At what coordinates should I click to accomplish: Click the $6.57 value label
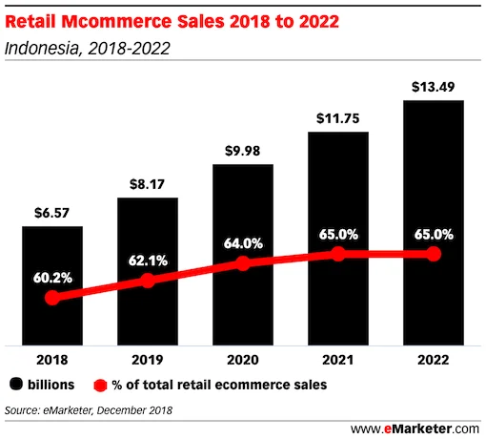[52, 213]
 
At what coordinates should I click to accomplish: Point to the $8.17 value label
[147, 184]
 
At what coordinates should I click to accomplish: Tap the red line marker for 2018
[52, 298]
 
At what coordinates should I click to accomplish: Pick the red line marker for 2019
[147, 281]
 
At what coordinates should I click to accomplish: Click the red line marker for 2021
[337, 254]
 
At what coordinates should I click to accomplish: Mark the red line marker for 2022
[433, 254]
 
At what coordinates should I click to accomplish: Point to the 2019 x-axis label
[147, 361]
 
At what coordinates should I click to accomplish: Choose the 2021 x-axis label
[337, 361]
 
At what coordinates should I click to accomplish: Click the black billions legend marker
[16, 385]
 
